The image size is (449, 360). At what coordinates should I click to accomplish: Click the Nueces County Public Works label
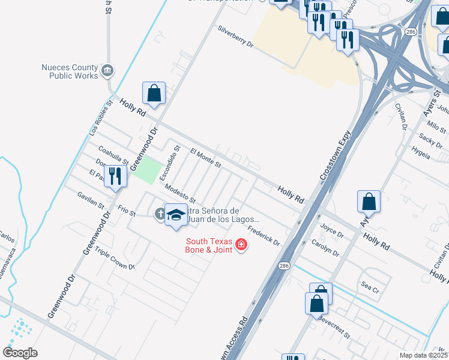click(69, 72)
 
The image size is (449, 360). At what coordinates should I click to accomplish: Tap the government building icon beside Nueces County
click(107, 71)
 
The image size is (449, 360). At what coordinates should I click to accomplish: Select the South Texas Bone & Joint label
click(208, 245)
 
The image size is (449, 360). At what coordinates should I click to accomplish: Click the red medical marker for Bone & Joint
click(241, 245)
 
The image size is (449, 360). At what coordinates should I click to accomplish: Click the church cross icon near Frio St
click(160, 213)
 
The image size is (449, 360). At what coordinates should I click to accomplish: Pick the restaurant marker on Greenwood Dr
click(114, 176)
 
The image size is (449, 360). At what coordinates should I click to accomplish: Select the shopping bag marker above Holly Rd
click(154, 94)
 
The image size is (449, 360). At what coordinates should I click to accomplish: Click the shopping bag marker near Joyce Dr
click(369, 202)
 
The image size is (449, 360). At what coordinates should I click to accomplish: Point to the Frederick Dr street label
click(264, 235)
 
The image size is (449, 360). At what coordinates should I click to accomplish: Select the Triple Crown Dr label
click(115, 259)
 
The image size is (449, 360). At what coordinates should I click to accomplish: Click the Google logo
click(20, 352)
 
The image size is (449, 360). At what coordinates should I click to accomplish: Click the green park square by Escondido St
click(148, 170)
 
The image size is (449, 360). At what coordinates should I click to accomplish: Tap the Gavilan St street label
click(91, 199)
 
